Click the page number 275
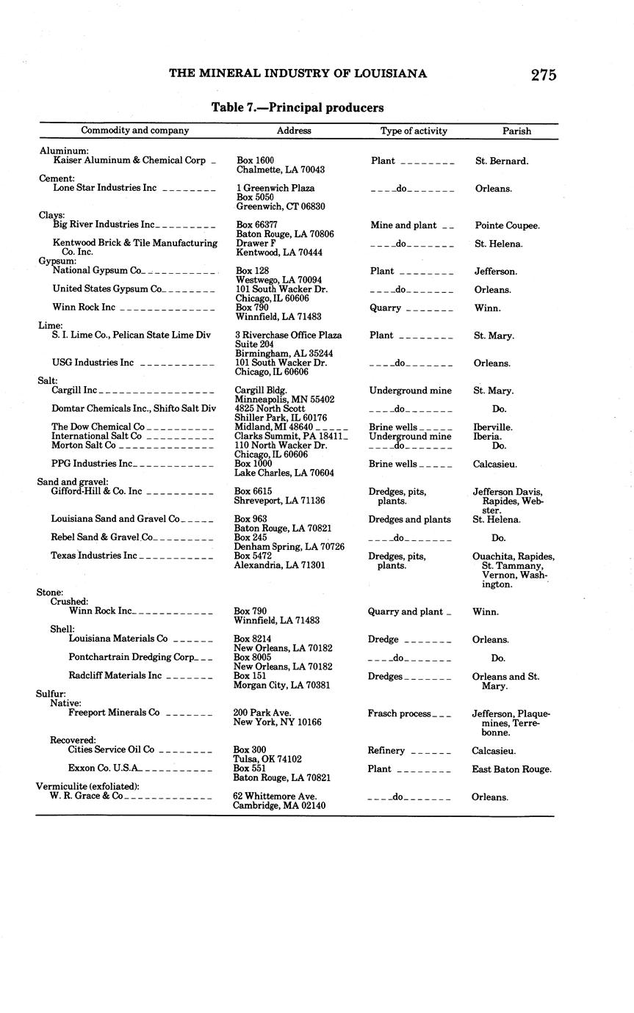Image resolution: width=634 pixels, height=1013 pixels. (544, 75)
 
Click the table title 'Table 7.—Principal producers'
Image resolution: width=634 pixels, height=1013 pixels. (298, 108)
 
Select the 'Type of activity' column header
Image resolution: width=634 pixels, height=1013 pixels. (414, 131)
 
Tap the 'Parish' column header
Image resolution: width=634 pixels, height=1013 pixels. (516, 131)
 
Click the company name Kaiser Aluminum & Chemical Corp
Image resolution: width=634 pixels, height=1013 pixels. (129, 160)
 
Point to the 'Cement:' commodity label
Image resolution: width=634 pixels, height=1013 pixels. (57, 178)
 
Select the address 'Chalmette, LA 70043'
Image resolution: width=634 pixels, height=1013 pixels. (281, 170)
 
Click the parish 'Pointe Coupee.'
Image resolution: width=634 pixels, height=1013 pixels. (507, 225)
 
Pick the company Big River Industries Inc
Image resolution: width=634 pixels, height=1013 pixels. (104, 225)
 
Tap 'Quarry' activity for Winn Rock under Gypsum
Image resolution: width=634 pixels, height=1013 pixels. (385, 308)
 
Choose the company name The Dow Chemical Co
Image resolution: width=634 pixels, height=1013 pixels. (98, 426)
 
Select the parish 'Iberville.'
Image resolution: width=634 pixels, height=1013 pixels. (493, 427)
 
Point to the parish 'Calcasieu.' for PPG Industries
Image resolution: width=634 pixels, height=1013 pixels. (494, 464)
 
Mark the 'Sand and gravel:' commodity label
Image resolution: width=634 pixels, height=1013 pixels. (73, 482)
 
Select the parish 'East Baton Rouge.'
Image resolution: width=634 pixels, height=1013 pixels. (511, 769)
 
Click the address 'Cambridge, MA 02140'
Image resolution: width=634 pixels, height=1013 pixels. (279, 805)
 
